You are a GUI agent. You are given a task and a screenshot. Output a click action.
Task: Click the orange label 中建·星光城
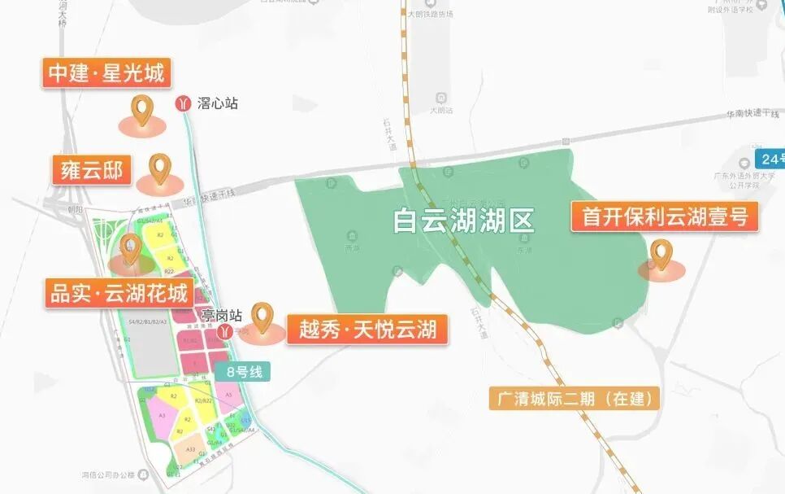point(106,74)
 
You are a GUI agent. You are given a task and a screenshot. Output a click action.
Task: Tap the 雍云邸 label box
point(91,170)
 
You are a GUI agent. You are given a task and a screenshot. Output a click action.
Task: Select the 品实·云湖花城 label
point(119,293)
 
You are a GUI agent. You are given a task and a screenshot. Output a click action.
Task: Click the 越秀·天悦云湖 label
point(368,329)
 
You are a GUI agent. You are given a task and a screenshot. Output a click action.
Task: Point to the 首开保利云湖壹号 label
point(665,216)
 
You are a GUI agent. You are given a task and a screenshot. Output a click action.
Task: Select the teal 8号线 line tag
point(243,371)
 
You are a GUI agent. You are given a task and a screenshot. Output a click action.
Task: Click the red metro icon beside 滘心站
point(183,103)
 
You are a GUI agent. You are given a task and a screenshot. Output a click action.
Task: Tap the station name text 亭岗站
point(221,314)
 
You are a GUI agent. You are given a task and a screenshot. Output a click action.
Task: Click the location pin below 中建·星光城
point(143,110)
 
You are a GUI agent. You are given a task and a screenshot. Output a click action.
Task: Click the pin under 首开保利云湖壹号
point(663,256)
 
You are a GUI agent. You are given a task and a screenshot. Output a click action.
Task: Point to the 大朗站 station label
point(441,108)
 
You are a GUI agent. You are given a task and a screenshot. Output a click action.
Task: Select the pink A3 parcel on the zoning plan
point(163,415)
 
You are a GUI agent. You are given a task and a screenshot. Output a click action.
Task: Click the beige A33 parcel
point(190,448)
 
